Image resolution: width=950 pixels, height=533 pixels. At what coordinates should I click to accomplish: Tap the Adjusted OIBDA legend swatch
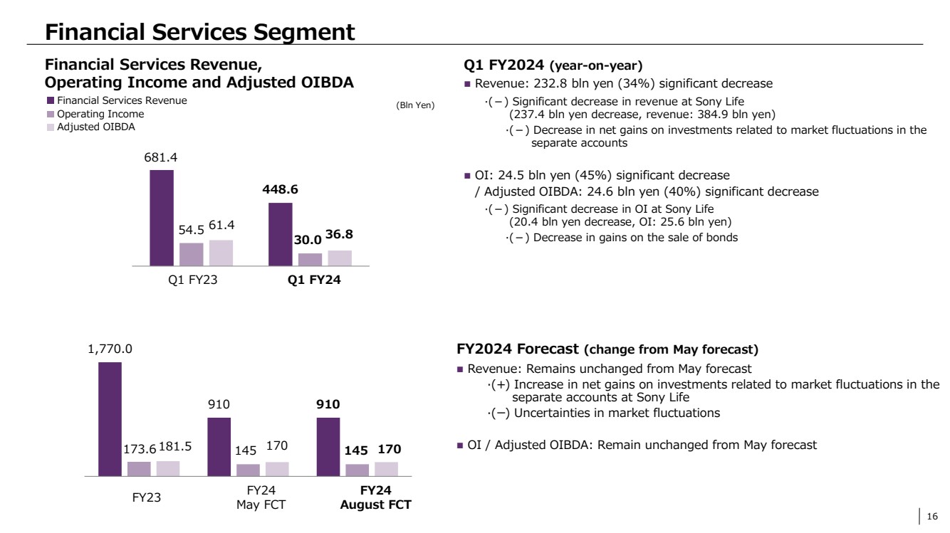pos(50,127)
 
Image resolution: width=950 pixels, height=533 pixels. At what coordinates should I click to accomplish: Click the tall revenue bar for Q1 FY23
pos(162,217)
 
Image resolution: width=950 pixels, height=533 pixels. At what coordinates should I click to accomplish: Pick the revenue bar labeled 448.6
pos(280,233)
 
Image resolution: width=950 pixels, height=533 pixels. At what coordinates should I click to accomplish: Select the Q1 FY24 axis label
pos(314,280)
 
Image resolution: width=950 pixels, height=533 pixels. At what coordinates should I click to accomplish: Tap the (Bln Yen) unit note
pos(414,105)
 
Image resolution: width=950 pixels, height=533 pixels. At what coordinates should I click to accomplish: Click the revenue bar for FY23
pos(110,418)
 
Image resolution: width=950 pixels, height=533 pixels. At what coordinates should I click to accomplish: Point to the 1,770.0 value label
pos(110,349)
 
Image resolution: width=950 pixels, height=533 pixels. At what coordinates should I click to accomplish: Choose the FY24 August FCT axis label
pos(376,497)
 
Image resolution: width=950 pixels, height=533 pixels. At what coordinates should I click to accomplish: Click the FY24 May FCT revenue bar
pos(219,446)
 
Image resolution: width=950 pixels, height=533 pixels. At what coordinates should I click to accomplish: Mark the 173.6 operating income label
pos(138,450)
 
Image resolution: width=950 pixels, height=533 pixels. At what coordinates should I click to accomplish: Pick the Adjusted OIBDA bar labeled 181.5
pos(168,468)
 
